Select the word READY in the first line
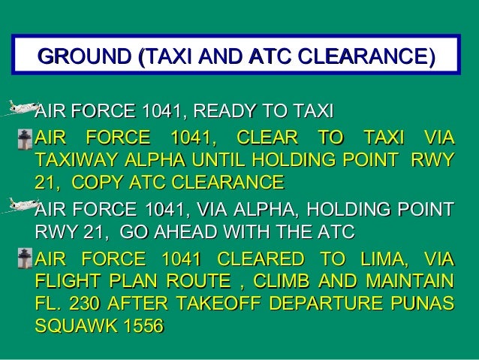click(x=225, y=113)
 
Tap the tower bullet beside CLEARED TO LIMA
click(x=26, y=261)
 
